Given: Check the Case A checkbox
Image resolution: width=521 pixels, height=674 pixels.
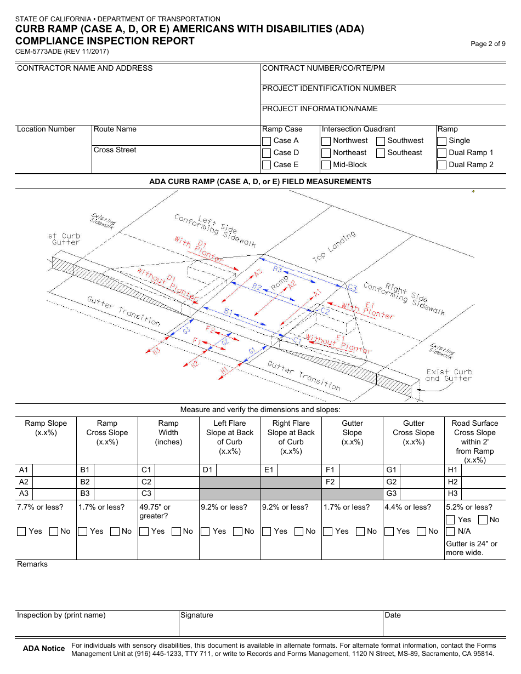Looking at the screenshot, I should pos(267,141).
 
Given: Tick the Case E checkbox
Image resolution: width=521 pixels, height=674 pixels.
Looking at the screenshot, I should pos(267,165).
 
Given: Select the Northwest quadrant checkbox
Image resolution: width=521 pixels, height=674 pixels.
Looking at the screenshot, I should pos(326,141).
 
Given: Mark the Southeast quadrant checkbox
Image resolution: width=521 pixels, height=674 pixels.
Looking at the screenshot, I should pos(381,153).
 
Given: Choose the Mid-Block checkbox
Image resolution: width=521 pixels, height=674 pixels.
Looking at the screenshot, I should pos(326,165).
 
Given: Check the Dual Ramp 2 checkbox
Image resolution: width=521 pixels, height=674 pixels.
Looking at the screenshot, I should pos(441,165).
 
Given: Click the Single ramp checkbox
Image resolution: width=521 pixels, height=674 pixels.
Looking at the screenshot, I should pos(441,141).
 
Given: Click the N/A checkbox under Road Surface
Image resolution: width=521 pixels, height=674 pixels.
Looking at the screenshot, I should pos(450,532).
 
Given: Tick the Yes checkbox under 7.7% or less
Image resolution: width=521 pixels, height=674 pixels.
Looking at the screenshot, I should pos(21,532).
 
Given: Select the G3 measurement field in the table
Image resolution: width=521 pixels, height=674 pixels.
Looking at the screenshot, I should pos(421,494).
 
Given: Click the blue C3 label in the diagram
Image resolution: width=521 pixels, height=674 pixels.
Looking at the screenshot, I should pos(352,288).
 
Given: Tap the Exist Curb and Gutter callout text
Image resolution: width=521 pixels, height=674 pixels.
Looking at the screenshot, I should pos(449,375).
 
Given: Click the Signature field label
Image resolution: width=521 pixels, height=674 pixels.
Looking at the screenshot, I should pos(197,615).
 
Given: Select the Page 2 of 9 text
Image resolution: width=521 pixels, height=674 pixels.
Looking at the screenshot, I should pos(488,44).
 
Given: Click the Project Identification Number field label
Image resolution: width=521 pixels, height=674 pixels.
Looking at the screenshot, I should pos(329,89).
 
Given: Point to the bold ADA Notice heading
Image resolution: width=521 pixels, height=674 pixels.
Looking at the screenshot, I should pos(44,649).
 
